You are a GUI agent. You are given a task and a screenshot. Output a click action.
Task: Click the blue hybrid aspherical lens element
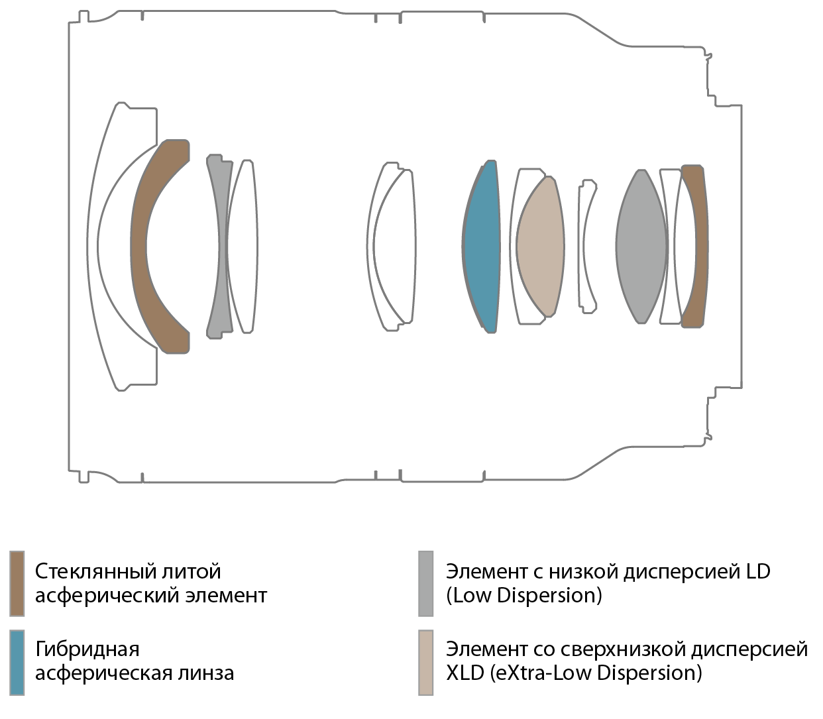(x=482, y=247)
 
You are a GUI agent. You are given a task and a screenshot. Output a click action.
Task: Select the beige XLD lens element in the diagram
(x=540, y=247)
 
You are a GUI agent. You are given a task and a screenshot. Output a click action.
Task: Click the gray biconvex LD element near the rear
(x=641, y=247)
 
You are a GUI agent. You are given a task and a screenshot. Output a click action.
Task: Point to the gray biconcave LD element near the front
(x=219, y=246)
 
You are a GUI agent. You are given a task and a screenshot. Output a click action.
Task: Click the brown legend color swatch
(x=17, y=584)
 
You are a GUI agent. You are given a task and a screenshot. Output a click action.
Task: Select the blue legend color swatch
(x=17, y=662)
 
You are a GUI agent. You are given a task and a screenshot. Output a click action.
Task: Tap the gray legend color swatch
(x=425, y=584)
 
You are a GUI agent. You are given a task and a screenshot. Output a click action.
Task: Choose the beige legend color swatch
(x=425, y=662)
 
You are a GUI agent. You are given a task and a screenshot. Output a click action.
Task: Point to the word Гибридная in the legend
(x=87, y=649)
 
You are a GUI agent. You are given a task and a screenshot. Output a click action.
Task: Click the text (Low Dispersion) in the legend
(x=524, y=596)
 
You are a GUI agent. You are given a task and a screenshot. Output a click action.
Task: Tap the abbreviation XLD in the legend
(x=465, y=673)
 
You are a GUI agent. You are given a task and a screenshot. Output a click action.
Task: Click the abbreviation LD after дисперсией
(x=757, y=571)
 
